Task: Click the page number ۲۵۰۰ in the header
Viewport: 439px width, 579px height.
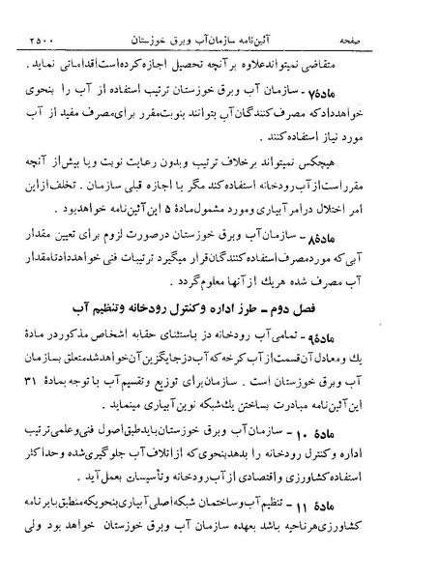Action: point(39,14)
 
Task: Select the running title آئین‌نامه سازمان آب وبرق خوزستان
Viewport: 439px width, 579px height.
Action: point(219,14)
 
